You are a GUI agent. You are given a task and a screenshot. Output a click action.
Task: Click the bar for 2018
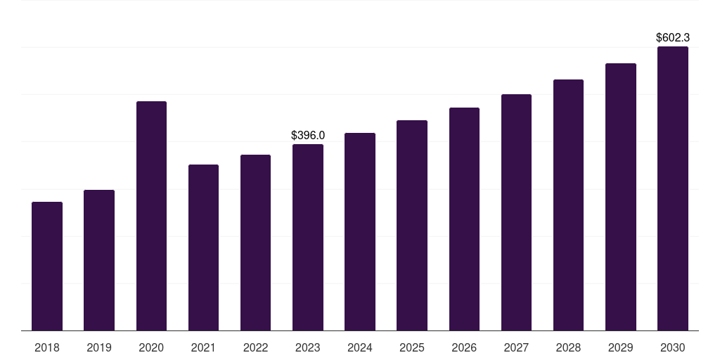point(47,266)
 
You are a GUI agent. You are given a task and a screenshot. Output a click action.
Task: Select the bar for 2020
point(151,216)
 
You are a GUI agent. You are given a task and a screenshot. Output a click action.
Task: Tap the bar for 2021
point(203,247)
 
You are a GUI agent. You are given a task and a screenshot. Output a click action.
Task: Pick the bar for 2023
point(308,238)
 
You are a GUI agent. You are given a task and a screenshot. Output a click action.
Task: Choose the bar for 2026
point(464,219)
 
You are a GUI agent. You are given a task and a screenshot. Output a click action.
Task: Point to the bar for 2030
point(673,188)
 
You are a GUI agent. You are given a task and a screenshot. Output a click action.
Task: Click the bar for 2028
point(568,205)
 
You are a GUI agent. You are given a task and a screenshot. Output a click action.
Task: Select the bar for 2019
point(99,260)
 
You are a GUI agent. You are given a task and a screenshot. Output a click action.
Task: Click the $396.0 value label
point(308,136)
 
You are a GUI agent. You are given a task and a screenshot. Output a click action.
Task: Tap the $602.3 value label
point(673,38)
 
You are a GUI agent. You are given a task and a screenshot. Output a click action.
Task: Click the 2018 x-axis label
point(47,347)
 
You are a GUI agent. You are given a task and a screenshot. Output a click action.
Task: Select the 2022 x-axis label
point(255,347)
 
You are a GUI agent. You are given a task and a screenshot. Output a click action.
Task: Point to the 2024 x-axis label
point(360,347)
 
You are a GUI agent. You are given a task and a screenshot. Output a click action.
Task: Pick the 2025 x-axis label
point(412,347)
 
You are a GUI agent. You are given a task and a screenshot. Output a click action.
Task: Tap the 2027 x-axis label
point(516,347)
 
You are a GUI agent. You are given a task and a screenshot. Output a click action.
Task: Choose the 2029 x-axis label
point(621,347)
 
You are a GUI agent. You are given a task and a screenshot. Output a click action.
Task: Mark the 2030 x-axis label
point(673,347)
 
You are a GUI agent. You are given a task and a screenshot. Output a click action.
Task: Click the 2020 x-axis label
point(151,347)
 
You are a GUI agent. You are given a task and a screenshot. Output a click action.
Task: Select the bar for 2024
point(360,232)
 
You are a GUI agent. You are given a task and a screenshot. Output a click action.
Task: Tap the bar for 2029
point(621,197)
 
